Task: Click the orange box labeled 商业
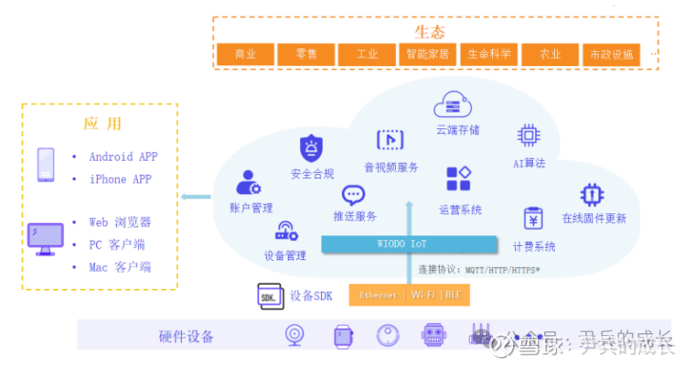(x=245, y=54)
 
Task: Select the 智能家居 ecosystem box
(x=428, y=54)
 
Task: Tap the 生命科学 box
(x=489, y=54)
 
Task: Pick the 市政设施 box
(x=610, y=54)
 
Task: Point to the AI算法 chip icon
(x=529, y=135)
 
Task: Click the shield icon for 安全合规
(x=312, y=147)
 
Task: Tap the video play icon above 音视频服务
(x=390, y=140)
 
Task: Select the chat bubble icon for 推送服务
(x=354, y=195)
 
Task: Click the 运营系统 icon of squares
(x=458, y=179)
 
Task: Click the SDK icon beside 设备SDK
(x=270, y=297)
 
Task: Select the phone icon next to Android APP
(x=46, y=166)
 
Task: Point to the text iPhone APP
(x=120, y=179)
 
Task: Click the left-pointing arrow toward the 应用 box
(x=193, y=196)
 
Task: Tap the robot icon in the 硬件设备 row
(x=433, y=336)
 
